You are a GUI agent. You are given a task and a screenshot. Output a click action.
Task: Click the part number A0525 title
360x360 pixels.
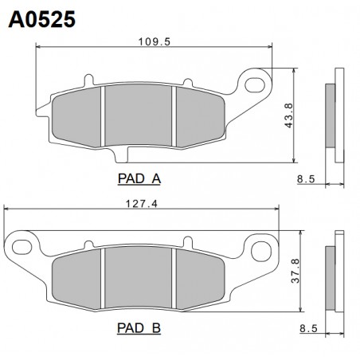(x=42, y=20)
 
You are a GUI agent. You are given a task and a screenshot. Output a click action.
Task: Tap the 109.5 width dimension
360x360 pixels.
(x=155, y=41)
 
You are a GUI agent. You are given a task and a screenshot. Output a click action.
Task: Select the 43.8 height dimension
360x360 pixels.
(x=288, y=115)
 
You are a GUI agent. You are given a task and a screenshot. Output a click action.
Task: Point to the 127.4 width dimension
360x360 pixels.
(x=142, y=204)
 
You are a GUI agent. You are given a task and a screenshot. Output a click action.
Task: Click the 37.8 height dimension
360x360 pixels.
(x=295, y=271)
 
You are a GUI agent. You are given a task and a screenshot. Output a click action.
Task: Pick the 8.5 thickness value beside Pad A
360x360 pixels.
(x=306, y=179)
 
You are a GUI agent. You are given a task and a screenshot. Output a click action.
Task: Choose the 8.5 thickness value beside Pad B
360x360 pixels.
(x=308, y=329)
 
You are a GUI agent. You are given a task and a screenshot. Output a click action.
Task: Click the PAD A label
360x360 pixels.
(x=139, y=178)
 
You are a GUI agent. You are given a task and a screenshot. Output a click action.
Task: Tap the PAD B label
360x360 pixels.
(x=139, y=328)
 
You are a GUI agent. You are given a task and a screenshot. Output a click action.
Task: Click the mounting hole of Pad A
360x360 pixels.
(x=255, y=85)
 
